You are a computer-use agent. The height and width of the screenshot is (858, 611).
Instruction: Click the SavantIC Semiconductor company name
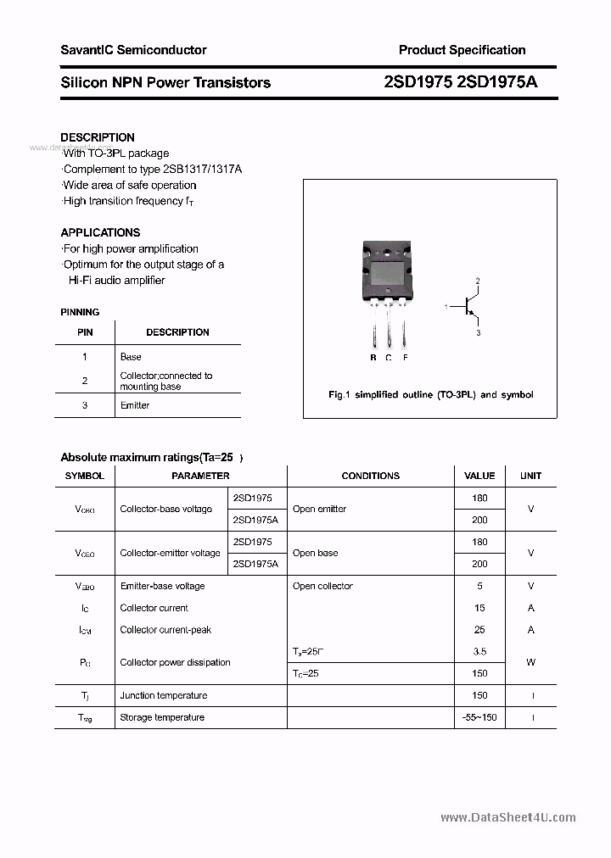tap(133, 50)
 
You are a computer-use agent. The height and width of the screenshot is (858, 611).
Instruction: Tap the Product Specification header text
tap(462, 50)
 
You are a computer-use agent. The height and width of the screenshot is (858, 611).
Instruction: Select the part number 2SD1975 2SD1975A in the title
tap(461, 82)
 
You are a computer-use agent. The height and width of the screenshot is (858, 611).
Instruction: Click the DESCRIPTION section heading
tap(98, 137)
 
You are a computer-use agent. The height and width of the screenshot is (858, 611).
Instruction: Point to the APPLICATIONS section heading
tap(100, 232)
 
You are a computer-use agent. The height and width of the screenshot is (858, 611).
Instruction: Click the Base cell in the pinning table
tap(131, 357)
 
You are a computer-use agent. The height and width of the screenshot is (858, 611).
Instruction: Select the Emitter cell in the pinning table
tap(135, 405)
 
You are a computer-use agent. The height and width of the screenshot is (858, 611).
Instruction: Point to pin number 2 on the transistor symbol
tap(478, 281)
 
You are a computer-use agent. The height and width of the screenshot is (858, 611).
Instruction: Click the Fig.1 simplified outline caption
tap(430, 395)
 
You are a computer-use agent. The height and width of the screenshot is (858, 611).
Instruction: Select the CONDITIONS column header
tap(370, 476)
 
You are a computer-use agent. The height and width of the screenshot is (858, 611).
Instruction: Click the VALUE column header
tap(479, 476)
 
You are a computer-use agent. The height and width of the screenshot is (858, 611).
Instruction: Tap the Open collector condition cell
tap(322, 586)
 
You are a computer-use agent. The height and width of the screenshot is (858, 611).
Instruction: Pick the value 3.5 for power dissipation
tap(479, 652)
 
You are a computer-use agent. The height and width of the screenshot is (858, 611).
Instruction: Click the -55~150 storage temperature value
tap(479, 717)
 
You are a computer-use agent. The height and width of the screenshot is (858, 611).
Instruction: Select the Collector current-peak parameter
tap(165, 630)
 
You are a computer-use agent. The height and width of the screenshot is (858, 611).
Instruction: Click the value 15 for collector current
tap(479, 608)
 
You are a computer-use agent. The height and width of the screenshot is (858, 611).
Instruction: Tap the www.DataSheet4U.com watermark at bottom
tap(508, 817)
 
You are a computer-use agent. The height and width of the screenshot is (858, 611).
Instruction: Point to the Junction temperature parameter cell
tap(163, 695)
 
